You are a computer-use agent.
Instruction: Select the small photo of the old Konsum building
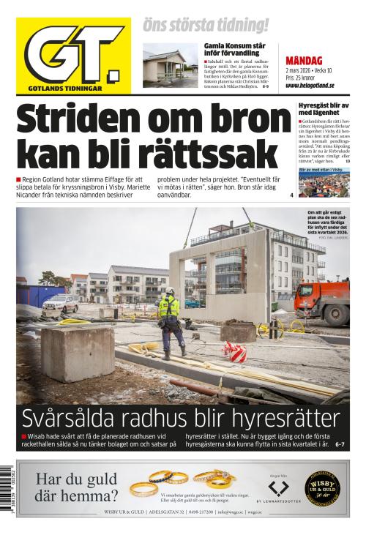click(x=170, y=65)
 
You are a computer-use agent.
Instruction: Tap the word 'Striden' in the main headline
click(x=72, y=119)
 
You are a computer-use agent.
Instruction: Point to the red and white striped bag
click(x=234, y=352)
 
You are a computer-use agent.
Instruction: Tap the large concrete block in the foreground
click(x=77, y=355)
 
